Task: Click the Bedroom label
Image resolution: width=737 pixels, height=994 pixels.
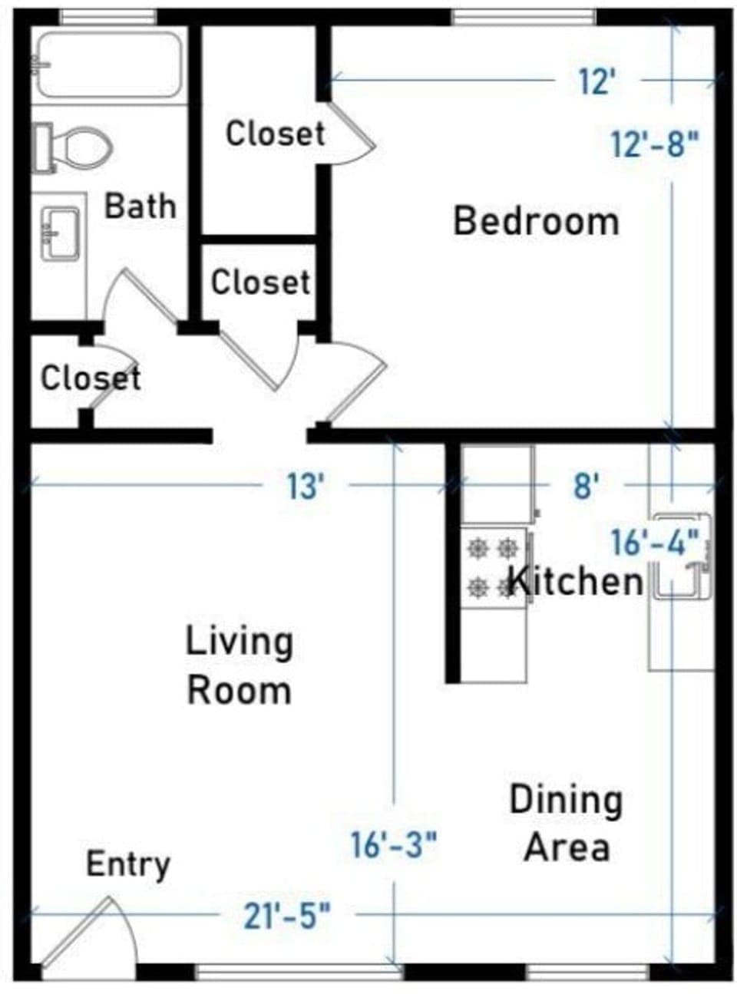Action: pos(536,221)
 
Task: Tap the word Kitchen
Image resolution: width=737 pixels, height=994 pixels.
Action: pos(576,580)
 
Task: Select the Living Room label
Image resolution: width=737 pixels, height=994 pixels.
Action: pos(240,665)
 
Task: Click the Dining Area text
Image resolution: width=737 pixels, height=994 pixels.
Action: pos(567,823)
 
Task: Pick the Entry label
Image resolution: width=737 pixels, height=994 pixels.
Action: pos(127,864)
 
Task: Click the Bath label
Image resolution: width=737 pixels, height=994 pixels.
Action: pos(140,206)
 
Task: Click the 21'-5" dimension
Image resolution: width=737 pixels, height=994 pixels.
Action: pos(287,915)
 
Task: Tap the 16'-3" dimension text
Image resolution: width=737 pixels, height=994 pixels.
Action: pos(393,844)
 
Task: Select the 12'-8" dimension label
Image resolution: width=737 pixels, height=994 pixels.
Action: pos(655,144)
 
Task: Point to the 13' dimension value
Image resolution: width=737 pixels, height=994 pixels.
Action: pos(306,486)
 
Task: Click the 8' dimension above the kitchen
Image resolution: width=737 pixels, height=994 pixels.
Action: pos(586,486)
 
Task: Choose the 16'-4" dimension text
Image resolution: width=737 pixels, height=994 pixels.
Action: pos(655,542)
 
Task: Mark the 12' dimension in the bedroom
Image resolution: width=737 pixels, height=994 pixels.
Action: pos(597,81)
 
